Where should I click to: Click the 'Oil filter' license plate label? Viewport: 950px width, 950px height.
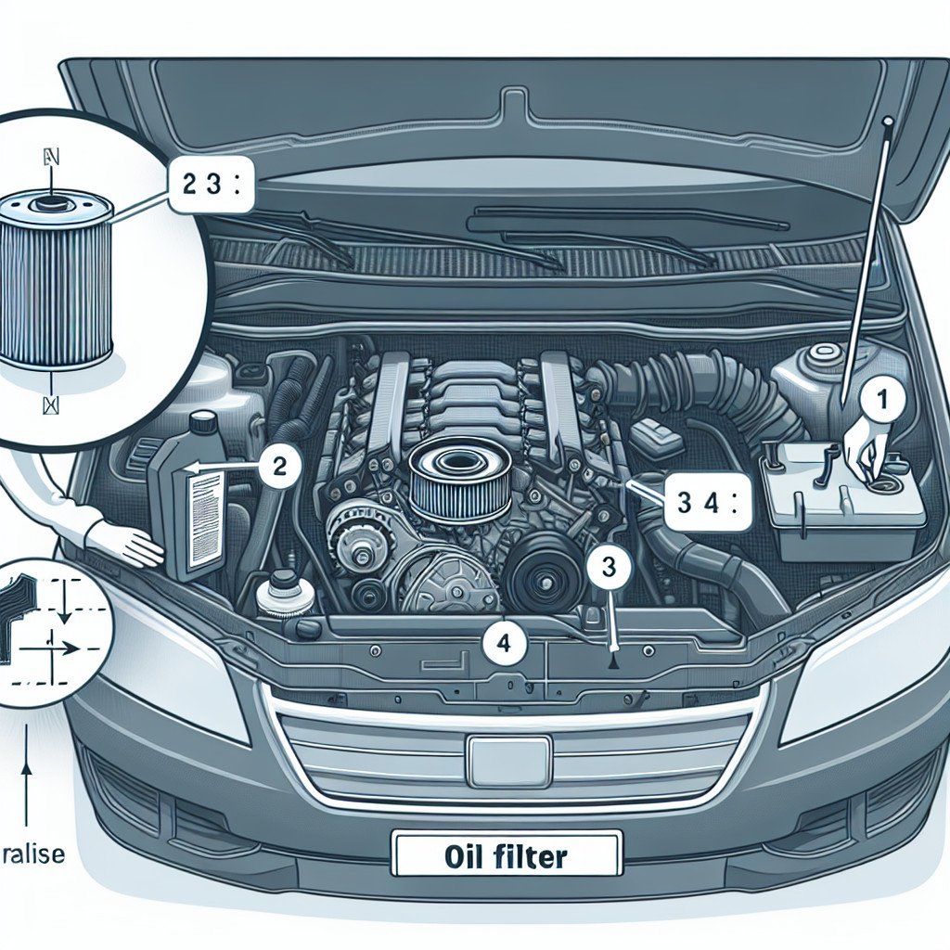click(x=506, y=854)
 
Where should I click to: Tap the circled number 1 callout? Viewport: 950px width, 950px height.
click(x=882, y=400)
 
